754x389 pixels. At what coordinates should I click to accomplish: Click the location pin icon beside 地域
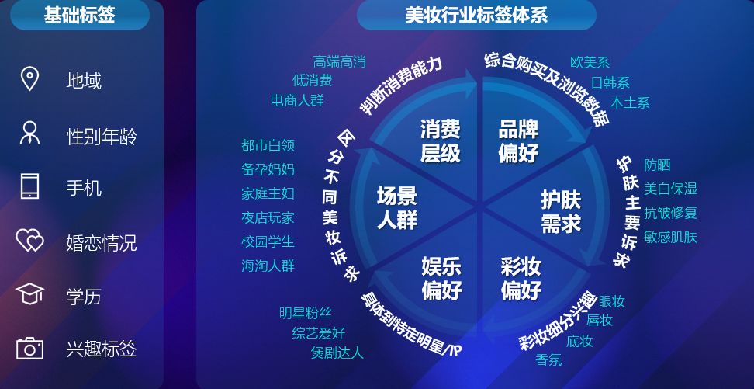pyautogui.click(x=29, y=79)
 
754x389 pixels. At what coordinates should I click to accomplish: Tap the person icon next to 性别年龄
pyautogui.click(x=29, y=133)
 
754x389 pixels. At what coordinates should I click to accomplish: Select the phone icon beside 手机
pyautogui.click(x=29, y=186)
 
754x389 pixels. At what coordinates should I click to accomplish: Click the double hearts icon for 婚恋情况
pyautogui.click(x=29, y=240)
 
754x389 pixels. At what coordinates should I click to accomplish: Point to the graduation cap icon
pyautogui.click(x=29, y=293)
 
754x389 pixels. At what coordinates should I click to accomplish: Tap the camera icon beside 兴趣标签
pyautogui.click(x=29, y=348)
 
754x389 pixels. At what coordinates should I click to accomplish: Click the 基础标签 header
pyautogui.click(x=79, y=15)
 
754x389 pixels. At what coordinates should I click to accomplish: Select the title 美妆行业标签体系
pyautogui.click(x=476, y=16)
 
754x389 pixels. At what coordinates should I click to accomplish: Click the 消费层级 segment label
pyautogui.click(x=441, y=141)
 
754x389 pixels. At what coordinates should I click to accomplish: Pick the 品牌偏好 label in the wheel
pyautogui.click(x=518, y=141)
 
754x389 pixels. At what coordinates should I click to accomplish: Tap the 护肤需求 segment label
pyautogui.click(x=561, y=211)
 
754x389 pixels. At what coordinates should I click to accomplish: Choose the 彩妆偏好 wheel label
pyautogui.click(x=521, y=279)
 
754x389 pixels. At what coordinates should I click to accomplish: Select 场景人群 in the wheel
pyautogui.click(x=396, y=208)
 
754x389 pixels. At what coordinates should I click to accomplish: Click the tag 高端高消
pyautogui.click(x=340, y=61)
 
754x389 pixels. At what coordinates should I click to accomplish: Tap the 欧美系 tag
pyautogui.click(x=590, y=62)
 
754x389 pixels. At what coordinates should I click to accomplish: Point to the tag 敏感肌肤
pyautogui.click(x=670, y=237)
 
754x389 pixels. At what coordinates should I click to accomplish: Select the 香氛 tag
pyautogui.click(x=548, y=359)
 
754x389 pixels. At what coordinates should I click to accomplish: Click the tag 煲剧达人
pyautogui.click(x=337, y=353)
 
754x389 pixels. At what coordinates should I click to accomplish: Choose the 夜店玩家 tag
pyautogui.click(x=268, y=217)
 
